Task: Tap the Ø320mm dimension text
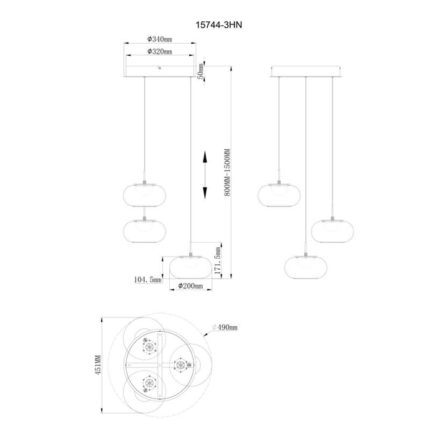pos(159,52)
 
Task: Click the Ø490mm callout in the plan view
pos(225,327)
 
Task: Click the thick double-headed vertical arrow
pos(206,176)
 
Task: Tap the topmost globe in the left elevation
pos(145,194)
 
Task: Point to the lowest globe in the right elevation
pos(306,265)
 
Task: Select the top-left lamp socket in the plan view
pos(149,347)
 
